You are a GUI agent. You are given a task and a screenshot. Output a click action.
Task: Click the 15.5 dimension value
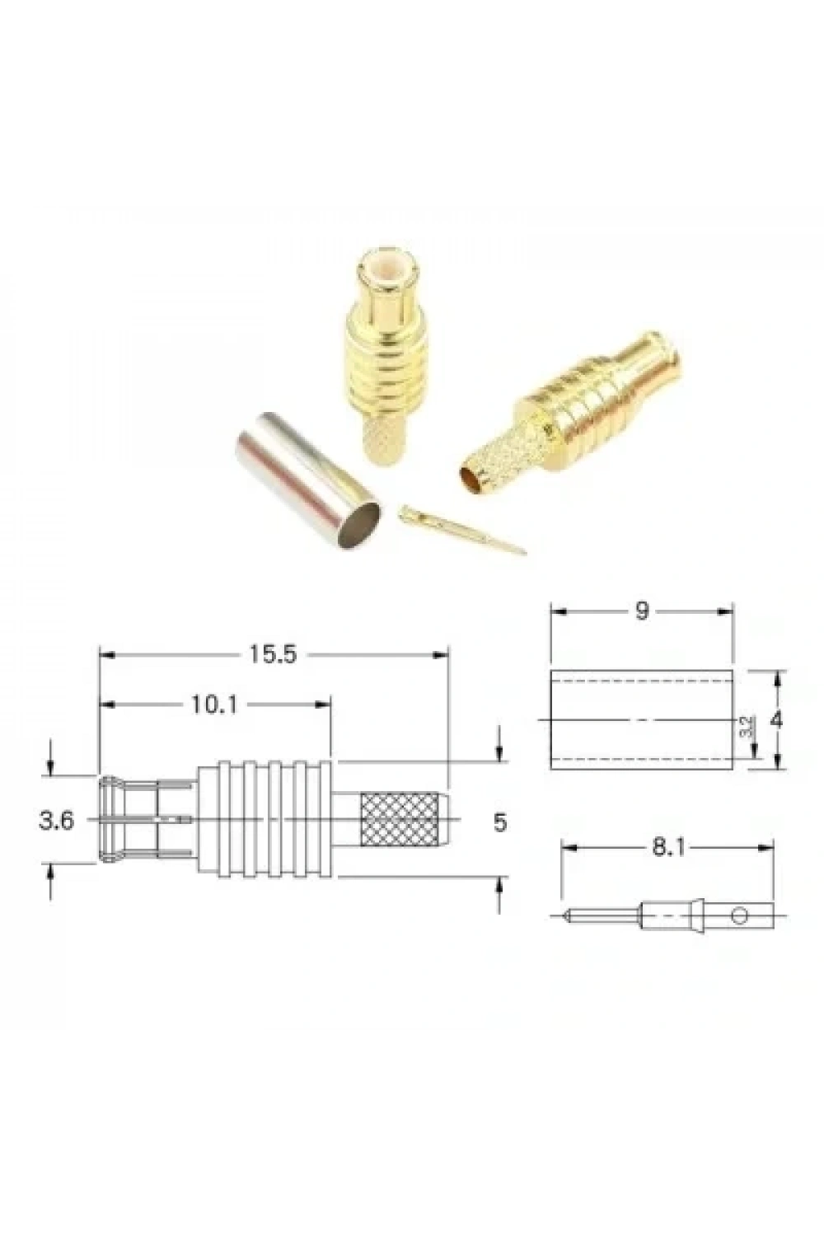click(273, 655)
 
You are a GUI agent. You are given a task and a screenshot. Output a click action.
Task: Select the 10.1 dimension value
click(215, 704)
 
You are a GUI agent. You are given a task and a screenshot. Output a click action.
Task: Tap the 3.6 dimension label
click(56, 821)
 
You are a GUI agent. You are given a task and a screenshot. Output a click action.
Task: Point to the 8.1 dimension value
click(668, 848)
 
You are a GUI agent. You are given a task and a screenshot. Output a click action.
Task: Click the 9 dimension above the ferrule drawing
click(642, 611)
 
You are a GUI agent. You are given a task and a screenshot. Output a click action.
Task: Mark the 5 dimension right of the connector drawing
click(500, 822)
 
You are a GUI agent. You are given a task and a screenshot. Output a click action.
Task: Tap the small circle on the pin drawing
click(739, 916)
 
